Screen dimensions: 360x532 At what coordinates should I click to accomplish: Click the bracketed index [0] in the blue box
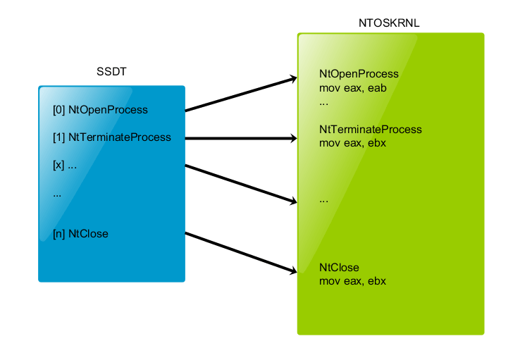[x=59, y=110]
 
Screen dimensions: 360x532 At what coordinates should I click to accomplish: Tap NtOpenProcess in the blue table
[x=108, y=110]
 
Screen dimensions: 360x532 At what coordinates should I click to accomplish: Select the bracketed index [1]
[x=59, y=137]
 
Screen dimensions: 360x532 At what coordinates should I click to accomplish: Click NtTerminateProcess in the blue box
[x=120, y=137]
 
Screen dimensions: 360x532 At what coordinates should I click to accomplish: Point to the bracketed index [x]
[x=59, y=166]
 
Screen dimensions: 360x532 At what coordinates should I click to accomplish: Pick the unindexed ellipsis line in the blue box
[x=57, y=194]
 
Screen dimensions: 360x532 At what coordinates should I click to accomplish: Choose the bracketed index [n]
[x=59, y=233]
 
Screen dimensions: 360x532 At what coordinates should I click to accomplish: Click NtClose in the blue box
[x=88, y=233]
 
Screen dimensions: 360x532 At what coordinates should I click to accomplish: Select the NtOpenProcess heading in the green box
[x=359, y=74]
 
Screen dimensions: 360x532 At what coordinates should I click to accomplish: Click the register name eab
[x=377, y=88]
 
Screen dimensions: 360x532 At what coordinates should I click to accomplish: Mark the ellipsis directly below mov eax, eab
[x=323, y=102]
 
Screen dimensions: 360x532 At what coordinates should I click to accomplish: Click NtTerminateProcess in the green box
[x=371, y=130]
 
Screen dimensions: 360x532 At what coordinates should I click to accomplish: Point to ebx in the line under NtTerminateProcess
[x=376, y=143]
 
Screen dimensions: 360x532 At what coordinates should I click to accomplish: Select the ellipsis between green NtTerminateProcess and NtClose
[x=323, y=200]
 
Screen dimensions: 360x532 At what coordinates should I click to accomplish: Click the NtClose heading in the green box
[x=339, y=268]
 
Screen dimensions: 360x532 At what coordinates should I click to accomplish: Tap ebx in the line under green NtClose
[x=376, y=281]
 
